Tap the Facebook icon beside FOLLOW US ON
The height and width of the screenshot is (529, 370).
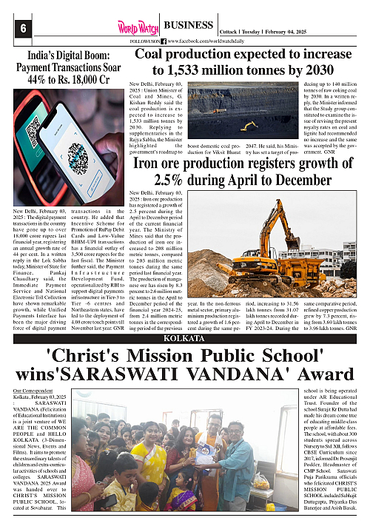163,41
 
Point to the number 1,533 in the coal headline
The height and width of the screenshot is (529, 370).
187,71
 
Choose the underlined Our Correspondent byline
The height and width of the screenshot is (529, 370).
34,388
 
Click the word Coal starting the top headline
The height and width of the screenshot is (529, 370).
155,54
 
